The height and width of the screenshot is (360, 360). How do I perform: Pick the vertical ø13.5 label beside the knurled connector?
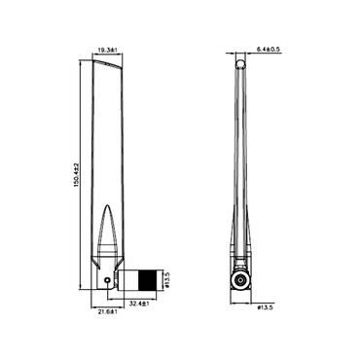click(x=167, y=280)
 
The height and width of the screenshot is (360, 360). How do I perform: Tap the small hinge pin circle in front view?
click(x=106, y=282)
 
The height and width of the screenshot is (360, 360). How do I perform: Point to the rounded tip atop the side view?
click(x=240, y=63)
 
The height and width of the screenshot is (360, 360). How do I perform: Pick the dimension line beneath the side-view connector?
click(x=240, y=302)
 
